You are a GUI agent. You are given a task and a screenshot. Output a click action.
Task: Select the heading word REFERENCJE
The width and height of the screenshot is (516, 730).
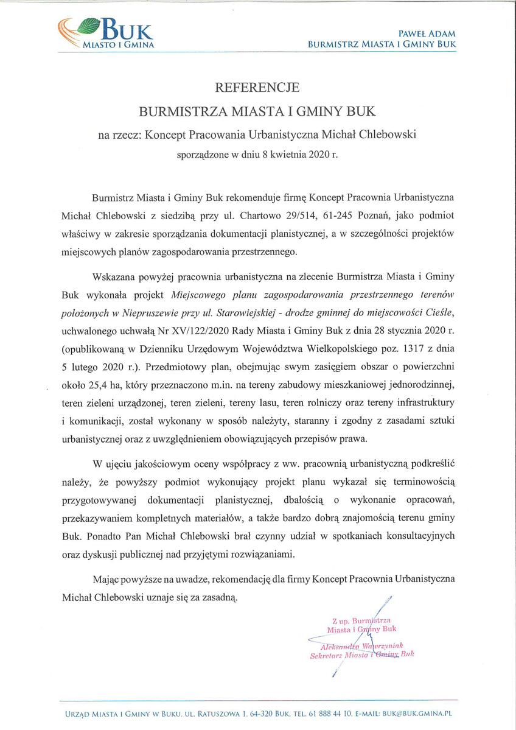[x=258, y=88]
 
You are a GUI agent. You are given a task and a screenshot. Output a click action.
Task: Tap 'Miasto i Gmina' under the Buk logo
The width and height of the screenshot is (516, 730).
[x=119, y=44]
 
